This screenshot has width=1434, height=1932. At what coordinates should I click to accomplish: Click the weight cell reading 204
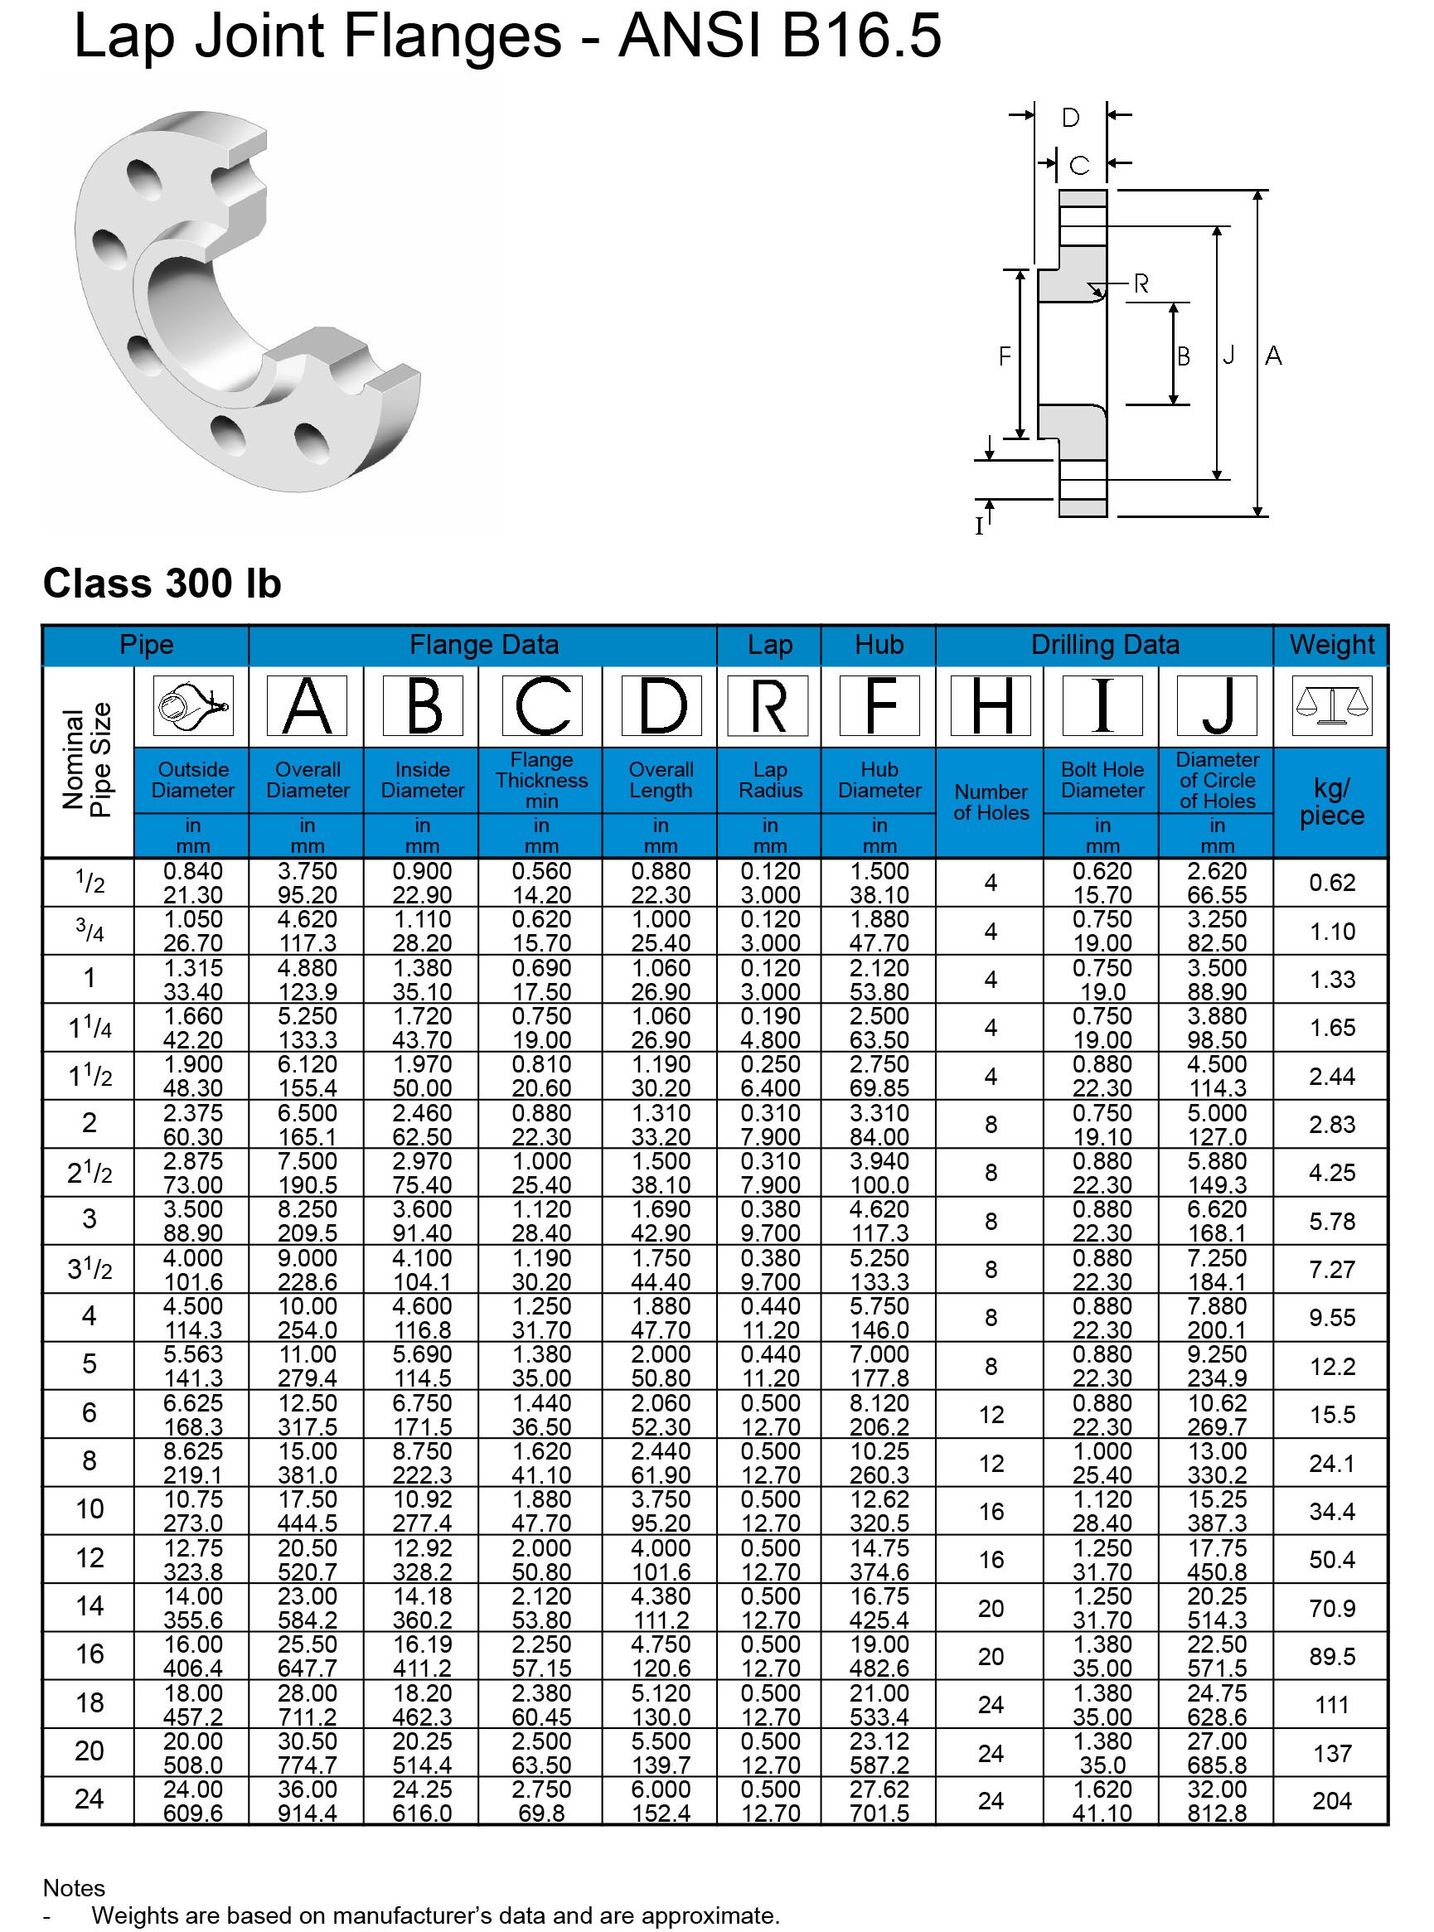pos(1330,1800)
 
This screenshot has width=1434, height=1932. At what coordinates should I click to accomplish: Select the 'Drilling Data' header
pos(1104,645)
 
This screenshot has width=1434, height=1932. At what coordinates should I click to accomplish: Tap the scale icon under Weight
pos(1330,705)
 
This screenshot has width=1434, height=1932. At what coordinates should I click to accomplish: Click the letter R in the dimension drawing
pos(1141,283)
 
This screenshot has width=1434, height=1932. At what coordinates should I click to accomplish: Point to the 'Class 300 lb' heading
pos(162,583)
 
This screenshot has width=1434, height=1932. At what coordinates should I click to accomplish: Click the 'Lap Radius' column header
pos(769,779)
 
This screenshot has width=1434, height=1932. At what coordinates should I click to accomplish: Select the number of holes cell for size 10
pos(991,1511)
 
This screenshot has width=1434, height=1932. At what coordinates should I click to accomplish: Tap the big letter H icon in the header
pos(991,705)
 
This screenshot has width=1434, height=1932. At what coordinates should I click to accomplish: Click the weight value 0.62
pos(1330,883)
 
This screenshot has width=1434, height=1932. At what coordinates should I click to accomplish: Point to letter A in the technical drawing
pos(1272,355)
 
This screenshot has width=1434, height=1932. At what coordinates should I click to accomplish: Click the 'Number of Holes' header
pos(991,802)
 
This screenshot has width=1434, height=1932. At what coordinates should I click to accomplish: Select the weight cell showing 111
pos(1330,1705)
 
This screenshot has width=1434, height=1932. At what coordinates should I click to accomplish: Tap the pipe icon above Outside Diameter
pos(191,705)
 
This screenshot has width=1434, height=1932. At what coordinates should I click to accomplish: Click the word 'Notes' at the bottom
pos(74,1888)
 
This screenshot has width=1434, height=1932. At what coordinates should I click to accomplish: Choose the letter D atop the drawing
pos(1070,118)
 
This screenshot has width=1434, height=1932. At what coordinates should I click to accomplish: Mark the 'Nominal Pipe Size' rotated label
pos(88,759)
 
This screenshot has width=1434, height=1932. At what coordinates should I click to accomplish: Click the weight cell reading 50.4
pos(1330,1560)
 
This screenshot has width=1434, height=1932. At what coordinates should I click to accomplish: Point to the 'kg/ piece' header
pos(1330,802)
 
